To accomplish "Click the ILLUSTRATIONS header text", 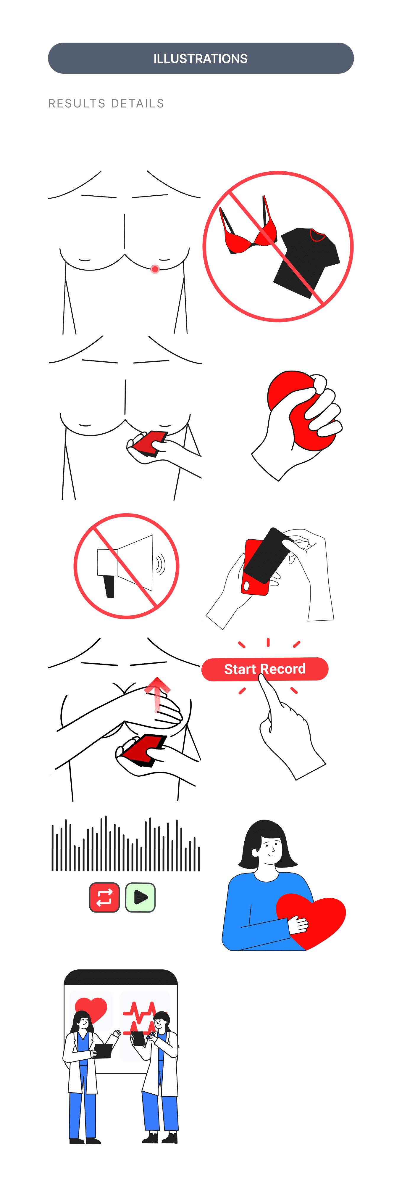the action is point(201,59).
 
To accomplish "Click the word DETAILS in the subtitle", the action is point(138,103).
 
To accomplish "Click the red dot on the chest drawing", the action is point(155,269).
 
